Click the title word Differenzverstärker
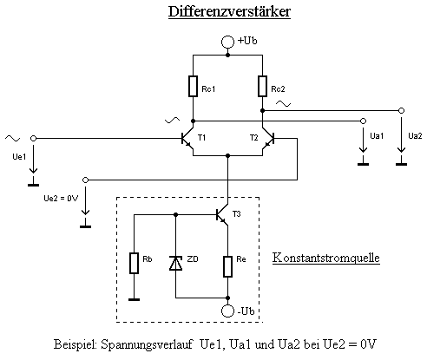coord(229,12)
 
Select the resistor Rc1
coord(193,86)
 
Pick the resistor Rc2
coord(262,86)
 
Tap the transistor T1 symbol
coord(187,139)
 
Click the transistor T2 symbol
coord(268,139)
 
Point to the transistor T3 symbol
coord(222,215)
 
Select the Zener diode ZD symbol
coord(175,263)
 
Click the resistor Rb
coord(134,263)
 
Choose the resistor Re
coord(227,266)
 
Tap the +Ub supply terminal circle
coord(227,42)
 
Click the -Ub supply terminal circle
coord(227,311)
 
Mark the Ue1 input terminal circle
coord(33,139)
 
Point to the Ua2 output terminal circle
coord(401,110)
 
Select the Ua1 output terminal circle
coord(363,121)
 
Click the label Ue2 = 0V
coord(61,199)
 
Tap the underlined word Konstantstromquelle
coord(325,258)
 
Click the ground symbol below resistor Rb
coord(134,299)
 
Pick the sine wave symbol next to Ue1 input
coord(12,139)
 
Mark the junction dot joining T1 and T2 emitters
coord(227,156)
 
